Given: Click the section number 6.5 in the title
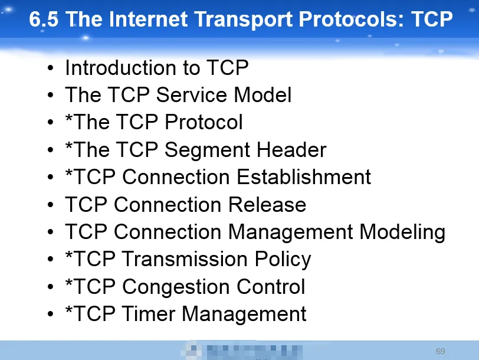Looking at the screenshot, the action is click(x=44, y=19).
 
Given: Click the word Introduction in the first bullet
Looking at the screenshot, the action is click(x=121, y=67).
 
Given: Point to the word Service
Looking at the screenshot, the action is click(x=191, y=95).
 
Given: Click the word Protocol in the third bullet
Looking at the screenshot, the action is click(x=204, y=122).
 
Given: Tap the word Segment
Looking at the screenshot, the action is click(x=207, y=150).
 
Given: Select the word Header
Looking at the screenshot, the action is click(x=291, y=150).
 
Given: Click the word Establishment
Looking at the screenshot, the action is click(x=304, y=176).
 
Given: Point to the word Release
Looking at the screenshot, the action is click(x=267, y=204).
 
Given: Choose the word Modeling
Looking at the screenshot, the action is click(x=402, y=233).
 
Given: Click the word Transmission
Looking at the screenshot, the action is click(x=185, y=259).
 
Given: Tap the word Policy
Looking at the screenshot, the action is click(x=283, y=260).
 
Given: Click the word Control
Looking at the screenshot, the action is click(x=271, y=286).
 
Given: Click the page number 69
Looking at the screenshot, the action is click(x=440, y=351).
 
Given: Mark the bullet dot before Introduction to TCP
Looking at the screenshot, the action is click(x=50, y=68).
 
